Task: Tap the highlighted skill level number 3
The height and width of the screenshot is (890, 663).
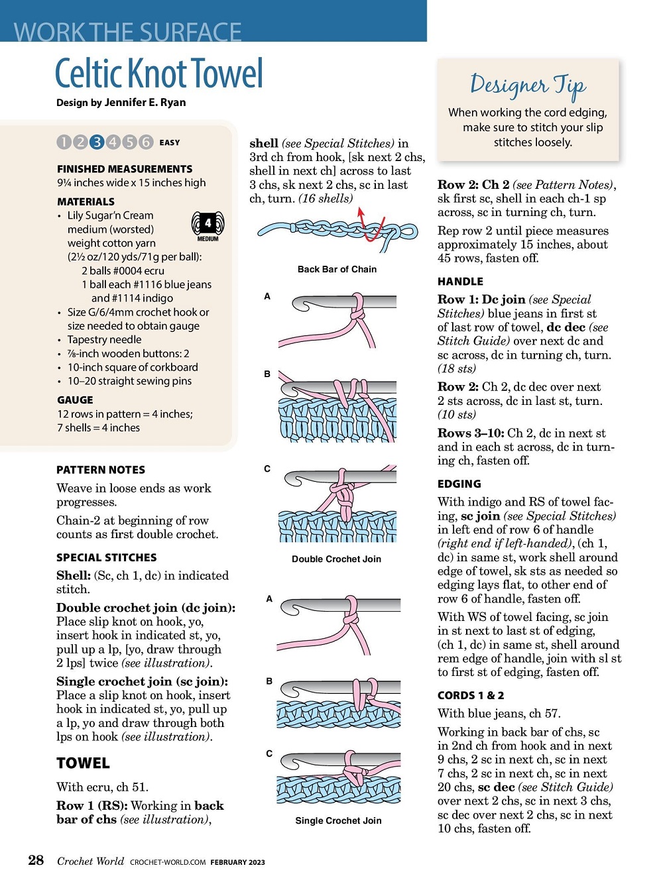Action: (97, 142)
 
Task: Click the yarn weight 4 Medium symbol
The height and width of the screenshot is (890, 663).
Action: (208, 225)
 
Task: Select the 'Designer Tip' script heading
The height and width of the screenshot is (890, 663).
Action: (528, 85)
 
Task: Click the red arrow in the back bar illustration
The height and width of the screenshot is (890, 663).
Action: (361, 216)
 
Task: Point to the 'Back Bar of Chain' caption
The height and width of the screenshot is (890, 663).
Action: (337, 269)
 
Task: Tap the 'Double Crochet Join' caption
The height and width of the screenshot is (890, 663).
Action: (336, 559)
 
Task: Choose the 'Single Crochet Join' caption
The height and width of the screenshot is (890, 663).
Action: (338, 820)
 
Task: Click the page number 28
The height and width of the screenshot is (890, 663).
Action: (36, 860)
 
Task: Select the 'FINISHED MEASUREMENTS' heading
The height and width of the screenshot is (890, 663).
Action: (125, 169)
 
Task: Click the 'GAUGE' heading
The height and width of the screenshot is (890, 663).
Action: (75, 400)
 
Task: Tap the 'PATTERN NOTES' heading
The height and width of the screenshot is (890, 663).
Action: (101, 470)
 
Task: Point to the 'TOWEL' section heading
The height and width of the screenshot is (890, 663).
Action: (83, 763)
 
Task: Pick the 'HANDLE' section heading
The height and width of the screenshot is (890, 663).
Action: (460, 281)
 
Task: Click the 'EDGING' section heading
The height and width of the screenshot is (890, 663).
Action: (459, 484)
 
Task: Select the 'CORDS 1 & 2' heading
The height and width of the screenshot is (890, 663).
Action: (471, 695)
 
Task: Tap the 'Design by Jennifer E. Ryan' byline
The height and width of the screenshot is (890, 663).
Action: (121, 102)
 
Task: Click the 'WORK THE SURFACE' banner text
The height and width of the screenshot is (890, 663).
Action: (128, 31)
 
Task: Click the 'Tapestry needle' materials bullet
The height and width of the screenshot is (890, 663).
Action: (104, 339)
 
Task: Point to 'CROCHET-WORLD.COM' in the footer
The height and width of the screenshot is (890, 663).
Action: (168, 862)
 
